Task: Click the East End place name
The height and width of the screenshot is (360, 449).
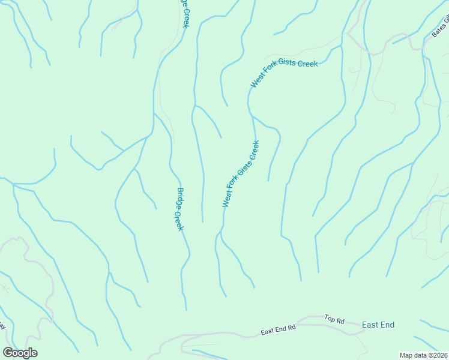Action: pos(378,325)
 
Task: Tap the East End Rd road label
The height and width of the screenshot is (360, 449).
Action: pos(279,330)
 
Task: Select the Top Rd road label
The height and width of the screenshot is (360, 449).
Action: pos(334,320)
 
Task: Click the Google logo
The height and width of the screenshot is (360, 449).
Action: pos(20,353)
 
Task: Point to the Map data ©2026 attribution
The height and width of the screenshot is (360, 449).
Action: pos(424,355)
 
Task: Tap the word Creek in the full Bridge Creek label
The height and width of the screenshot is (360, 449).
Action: pos(179,221)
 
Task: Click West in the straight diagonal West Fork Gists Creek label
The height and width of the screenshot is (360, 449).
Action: pos(228,197)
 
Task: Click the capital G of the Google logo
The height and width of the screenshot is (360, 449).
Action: pos(8,353)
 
